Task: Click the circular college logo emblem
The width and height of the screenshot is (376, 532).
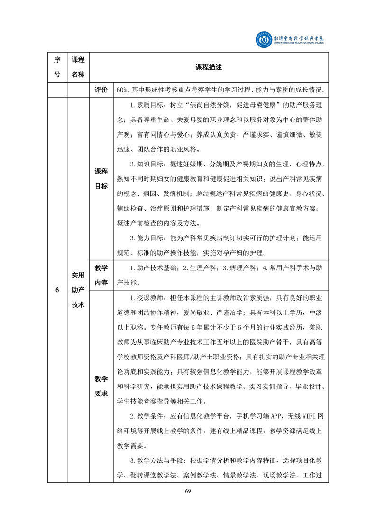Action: click(x=261, y=40)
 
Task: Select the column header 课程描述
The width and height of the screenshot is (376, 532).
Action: click(x=209, y=68)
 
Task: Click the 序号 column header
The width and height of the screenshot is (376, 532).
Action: click(x=57, y=67)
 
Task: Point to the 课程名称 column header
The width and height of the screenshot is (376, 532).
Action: click(x=78, y=67)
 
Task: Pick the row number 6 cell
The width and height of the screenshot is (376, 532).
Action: click(x=57, y=290)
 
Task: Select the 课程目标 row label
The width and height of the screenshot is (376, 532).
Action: click(x=101, y=179)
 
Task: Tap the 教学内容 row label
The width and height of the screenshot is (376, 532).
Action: click(x=101, y=275)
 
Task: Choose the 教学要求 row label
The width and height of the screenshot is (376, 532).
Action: click(x=101, y=386)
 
